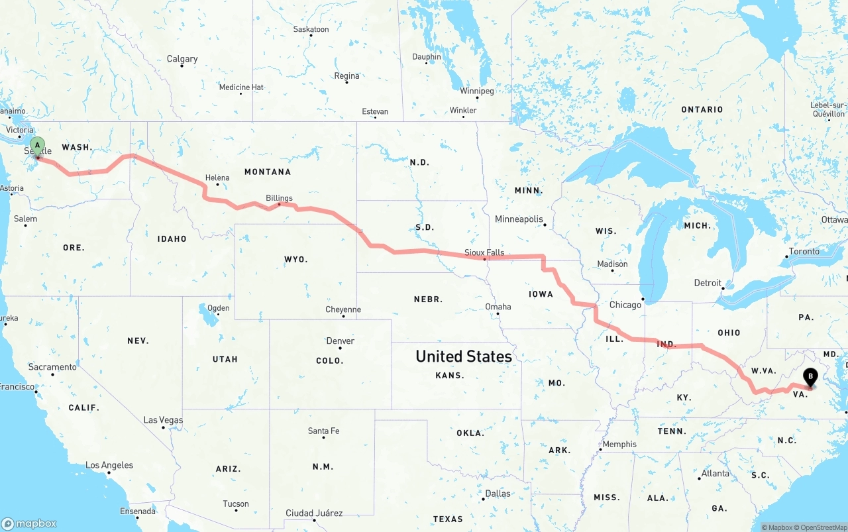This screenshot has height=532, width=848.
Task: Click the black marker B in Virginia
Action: tap(810, 378)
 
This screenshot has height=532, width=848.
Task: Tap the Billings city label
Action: tap(279, 197)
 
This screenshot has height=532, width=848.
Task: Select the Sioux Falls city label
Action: tap(484, 252)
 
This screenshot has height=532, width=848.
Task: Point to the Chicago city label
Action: tap(625, 305)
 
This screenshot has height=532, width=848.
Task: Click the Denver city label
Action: tap(340, 341)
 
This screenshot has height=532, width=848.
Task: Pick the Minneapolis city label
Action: tap(519, 219)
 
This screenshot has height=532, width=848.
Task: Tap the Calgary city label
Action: tap(182, 59)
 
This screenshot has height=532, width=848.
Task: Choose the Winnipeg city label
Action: tap(477, 91)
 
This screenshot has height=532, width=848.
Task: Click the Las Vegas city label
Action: tap(163, 420)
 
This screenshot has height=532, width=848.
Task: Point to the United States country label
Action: tap(464, 356)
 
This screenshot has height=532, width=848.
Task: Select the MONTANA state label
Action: tap(268, 172)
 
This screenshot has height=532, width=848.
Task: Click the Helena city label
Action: tap(217, 178)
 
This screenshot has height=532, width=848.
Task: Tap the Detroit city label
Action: tap(708, 283)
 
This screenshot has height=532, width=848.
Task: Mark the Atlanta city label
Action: tap(715, 473)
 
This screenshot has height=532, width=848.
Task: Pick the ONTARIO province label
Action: tap(702, 109)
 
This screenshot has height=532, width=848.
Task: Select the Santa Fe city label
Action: tap(323, 431)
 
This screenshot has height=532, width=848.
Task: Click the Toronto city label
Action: tap(804, 252)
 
